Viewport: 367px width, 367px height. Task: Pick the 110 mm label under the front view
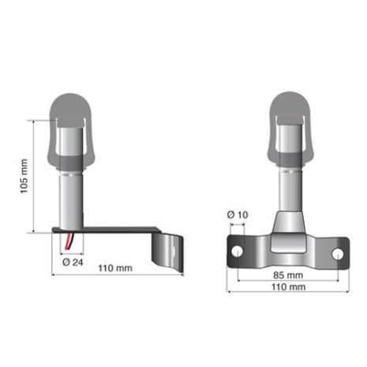288,287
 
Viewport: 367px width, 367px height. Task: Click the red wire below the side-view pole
70,240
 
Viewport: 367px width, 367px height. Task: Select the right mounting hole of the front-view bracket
339,253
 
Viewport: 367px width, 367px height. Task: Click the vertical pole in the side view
73,201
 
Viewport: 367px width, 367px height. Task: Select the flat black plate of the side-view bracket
110,231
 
